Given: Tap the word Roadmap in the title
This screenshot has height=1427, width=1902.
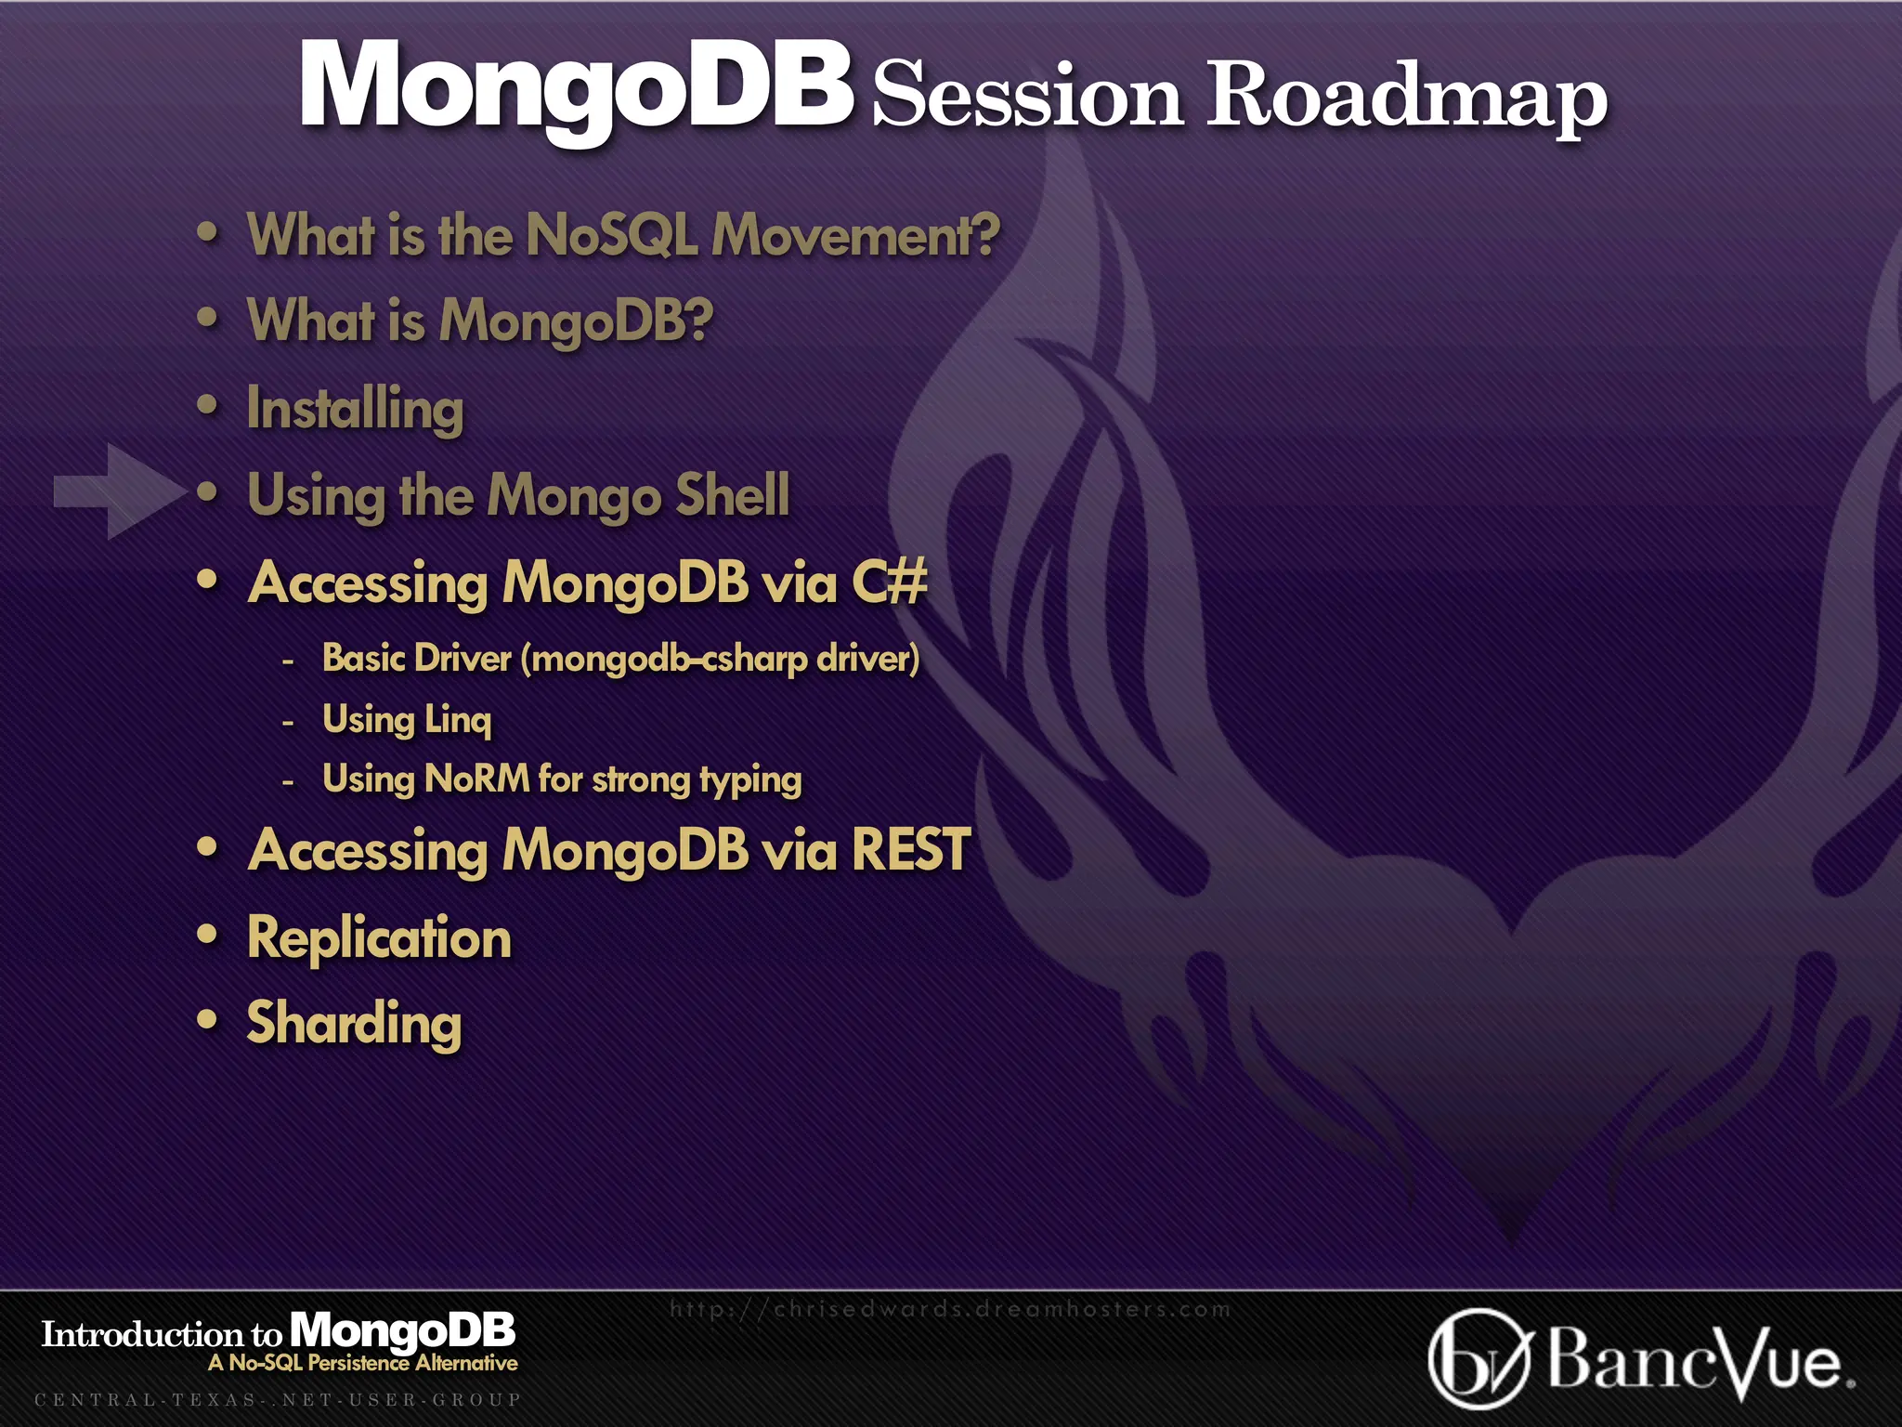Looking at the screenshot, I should pyautogui.click(x=1406, y=96).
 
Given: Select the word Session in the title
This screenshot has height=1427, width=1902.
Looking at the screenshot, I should pyautogui.click(x=1027, y=96).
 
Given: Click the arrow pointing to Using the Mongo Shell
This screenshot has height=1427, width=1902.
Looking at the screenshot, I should pyautogui.click(x=119, y=491).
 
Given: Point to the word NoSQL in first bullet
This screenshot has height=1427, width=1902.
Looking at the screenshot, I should pyautogui.click(x=611, y=234).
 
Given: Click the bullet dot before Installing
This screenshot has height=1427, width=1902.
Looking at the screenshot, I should pyautogui.click(x=208, y=406).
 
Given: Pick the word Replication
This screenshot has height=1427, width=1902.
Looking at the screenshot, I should pyautogui.click(x=379, y=937).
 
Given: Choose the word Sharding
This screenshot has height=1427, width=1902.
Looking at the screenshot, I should pyautogui.click(x=354, y=1023).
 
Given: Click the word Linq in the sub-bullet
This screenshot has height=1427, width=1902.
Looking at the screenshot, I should pyautogui.click(x=458, y=719).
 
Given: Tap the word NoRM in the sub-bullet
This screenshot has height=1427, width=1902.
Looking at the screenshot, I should pyautogui.click(x=476, y=779).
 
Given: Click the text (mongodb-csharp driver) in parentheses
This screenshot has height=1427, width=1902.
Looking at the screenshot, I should pyautogui.click(x=720, y=659).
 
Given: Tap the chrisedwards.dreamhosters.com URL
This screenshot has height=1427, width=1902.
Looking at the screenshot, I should pyautogui.click(x=949, y=1309).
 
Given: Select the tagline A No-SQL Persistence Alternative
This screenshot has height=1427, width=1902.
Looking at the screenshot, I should pyautogui.click(x=362, y=1363).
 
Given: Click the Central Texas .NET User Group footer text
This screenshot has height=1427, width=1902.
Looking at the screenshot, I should pyautogui.click(x=277, y=1399).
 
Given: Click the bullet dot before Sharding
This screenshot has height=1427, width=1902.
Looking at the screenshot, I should pyautogui.click(x=208, y=1020).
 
